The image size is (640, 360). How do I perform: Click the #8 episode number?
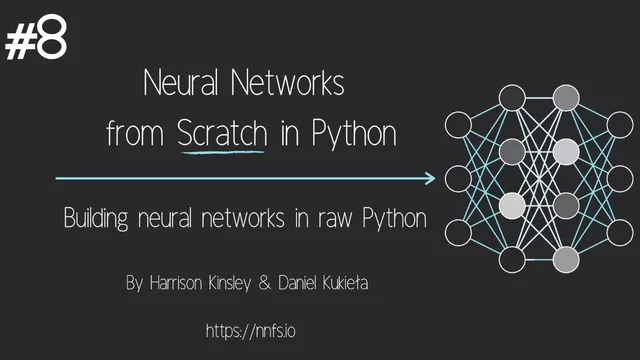pyautogui.click(x=36, y=42)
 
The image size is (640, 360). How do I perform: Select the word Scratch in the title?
pyautogui.click(x=223, y=133)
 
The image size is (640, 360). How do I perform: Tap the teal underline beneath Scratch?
pyautogui.click(x=223, y=153)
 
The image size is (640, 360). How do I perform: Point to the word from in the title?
pyautogui.click(x=137, y=134)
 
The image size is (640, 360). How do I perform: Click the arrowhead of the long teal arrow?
pyautogui.click(x=430, y=179)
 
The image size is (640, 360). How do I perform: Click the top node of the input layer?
pyautogui.click(x=457, y=126)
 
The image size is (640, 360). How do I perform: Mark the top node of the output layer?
pyautogui.click(x=620, y=126)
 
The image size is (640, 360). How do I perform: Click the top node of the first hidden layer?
pyautogui.click(x=512, y=98)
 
